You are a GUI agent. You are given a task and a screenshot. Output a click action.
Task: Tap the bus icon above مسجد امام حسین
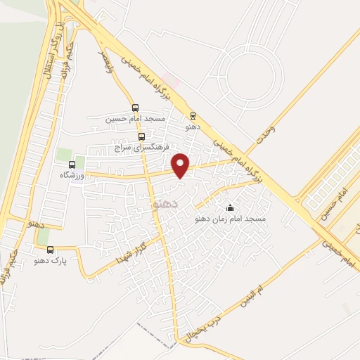[x=135, y=108]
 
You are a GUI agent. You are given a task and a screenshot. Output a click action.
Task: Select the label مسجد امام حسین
[x=135, y=119]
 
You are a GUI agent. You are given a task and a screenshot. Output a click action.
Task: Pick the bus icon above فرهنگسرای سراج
[x=142, y=136]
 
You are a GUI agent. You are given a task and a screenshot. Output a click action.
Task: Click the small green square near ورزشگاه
[x=65, y=154]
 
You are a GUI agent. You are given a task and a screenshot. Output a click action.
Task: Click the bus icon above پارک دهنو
[x=51, y=250]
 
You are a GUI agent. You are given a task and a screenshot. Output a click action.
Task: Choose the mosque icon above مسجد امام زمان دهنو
[x=230, y=208]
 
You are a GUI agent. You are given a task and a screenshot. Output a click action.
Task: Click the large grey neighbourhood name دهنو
[x=166, y=203]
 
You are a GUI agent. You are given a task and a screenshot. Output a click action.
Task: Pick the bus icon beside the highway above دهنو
[x=192, y=117]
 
